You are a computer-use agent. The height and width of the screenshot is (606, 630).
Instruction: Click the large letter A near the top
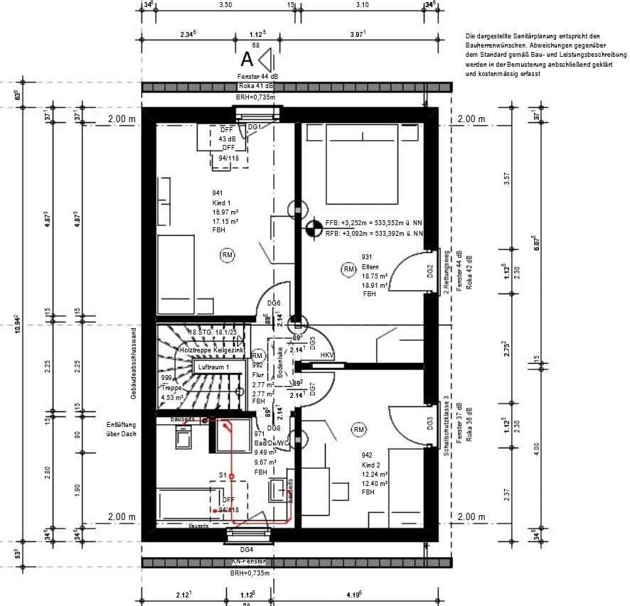(247, 58)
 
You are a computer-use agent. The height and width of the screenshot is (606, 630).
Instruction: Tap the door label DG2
(430, 271)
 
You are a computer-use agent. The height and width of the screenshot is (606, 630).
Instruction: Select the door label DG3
(430, 424)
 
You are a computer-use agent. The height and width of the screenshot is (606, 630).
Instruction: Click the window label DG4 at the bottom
(247, 549)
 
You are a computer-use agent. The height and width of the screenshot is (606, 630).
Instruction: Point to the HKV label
(327, 355)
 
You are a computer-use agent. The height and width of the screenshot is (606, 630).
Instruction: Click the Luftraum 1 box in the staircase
(213, 367)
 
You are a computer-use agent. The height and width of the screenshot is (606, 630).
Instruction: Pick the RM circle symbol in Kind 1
(228, 255)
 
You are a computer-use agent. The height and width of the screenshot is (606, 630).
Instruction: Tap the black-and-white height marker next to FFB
(312, 228)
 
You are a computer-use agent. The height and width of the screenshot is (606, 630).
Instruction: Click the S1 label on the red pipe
(222, 475)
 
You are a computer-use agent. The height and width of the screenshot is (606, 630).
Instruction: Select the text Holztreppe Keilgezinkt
(213, 351)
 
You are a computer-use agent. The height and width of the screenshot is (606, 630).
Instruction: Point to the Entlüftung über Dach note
(120, 428)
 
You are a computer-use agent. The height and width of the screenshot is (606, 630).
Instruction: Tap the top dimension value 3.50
(225, 5)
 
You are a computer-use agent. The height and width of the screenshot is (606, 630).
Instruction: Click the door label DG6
(264, 303)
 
